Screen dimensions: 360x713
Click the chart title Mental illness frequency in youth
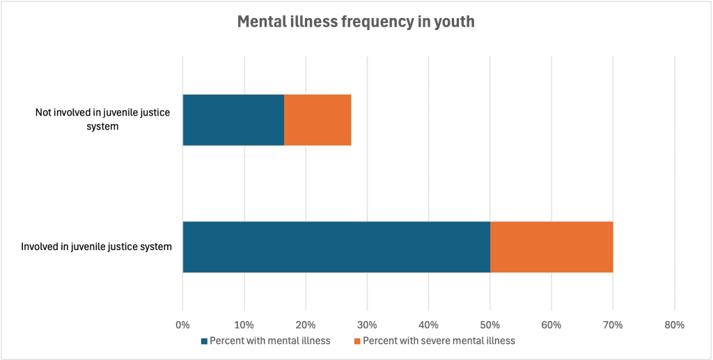[x=356, y=22]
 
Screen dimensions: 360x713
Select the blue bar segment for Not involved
[x=233, y=120]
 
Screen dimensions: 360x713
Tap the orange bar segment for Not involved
[x=318, y=120]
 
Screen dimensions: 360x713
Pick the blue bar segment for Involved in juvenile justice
[x=336, y=246]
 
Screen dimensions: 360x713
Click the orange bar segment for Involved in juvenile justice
[x=551, y=246]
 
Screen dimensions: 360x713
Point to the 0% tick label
[x=182, y=324]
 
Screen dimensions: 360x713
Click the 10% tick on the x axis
[x=244, y=324]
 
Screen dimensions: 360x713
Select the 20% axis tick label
[x=306, y=324]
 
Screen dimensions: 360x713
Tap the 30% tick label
[x=367, y=324]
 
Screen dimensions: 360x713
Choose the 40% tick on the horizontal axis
[x=428, y=324]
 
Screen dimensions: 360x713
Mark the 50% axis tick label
[x=489, y=324]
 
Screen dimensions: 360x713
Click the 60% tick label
[x=551, y=324]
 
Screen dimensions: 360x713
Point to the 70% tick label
[x=613, y=324]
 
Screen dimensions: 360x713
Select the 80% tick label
[x=674, y=324]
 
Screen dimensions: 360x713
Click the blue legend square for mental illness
[x=204, y=341]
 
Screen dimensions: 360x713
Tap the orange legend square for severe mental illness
[x=357, y=341]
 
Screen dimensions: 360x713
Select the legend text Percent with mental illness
[x=269, y=341]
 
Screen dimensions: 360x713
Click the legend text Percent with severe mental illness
[x=439, y=341]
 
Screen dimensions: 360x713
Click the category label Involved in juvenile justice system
[x=96, y=246]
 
